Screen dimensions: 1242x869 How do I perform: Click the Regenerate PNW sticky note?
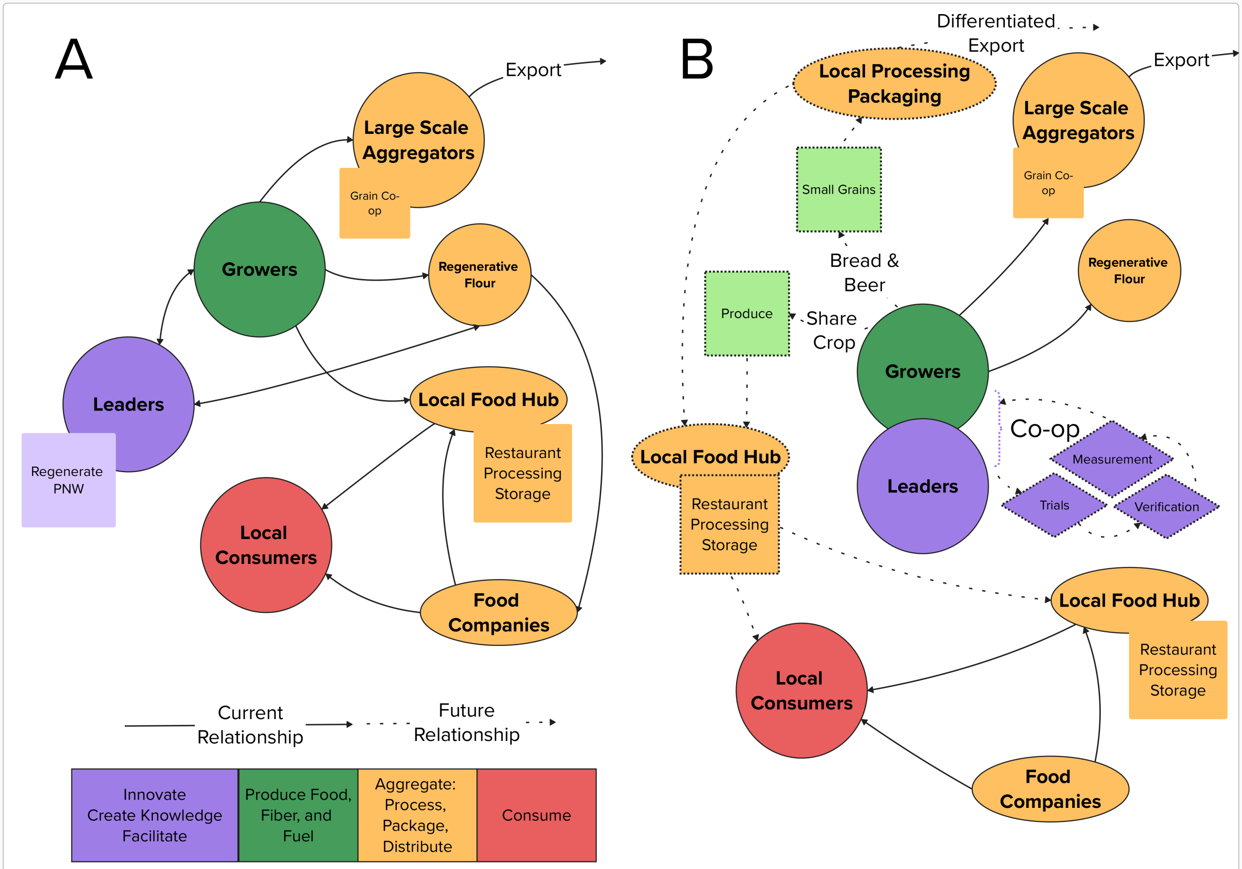click(x=69, y=480)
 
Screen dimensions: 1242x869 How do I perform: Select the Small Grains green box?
click(x=838, y=189)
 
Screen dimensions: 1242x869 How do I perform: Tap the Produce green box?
click(x=747, y=313)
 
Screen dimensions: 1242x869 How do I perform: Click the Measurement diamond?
click(x=1111, y=459)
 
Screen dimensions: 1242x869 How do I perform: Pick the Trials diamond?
click(x=1054, y=505)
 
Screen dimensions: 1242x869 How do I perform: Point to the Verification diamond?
click(x=1166, y=507)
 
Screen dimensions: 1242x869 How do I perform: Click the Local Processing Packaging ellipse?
click(x=894, y=84)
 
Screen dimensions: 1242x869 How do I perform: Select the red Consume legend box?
click(x=536, y=815)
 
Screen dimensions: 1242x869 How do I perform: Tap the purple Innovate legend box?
click(x=155, y=815)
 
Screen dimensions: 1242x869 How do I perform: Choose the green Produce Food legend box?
click(x=298, y=815)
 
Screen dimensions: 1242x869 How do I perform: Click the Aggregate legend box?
click(x=417, y=815)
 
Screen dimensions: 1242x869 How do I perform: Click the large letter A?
click(x=74, y=59)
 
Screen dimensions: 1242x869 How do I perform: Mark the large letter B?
click(x=697, y=59)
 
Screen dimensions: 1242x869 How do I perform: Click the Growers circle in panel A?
click(x=260, y=269)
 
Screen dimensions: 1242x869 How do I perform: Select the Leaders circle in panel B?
click(x=923, y=486)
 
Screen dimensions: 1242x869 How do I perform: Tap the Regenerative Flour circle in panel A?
click(x=480, y=275)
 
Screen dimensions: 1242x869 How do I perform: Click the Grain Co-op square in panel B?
click(x=1048, y=183)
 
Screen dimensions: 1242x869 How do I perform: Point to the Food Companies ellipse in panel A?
click(x=499, y=612)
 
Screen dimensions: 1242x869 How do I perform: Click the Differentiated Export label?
click(x=996, y=33)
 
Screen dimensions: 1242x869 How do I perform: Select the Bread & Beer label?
click(x=865, y=272)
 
